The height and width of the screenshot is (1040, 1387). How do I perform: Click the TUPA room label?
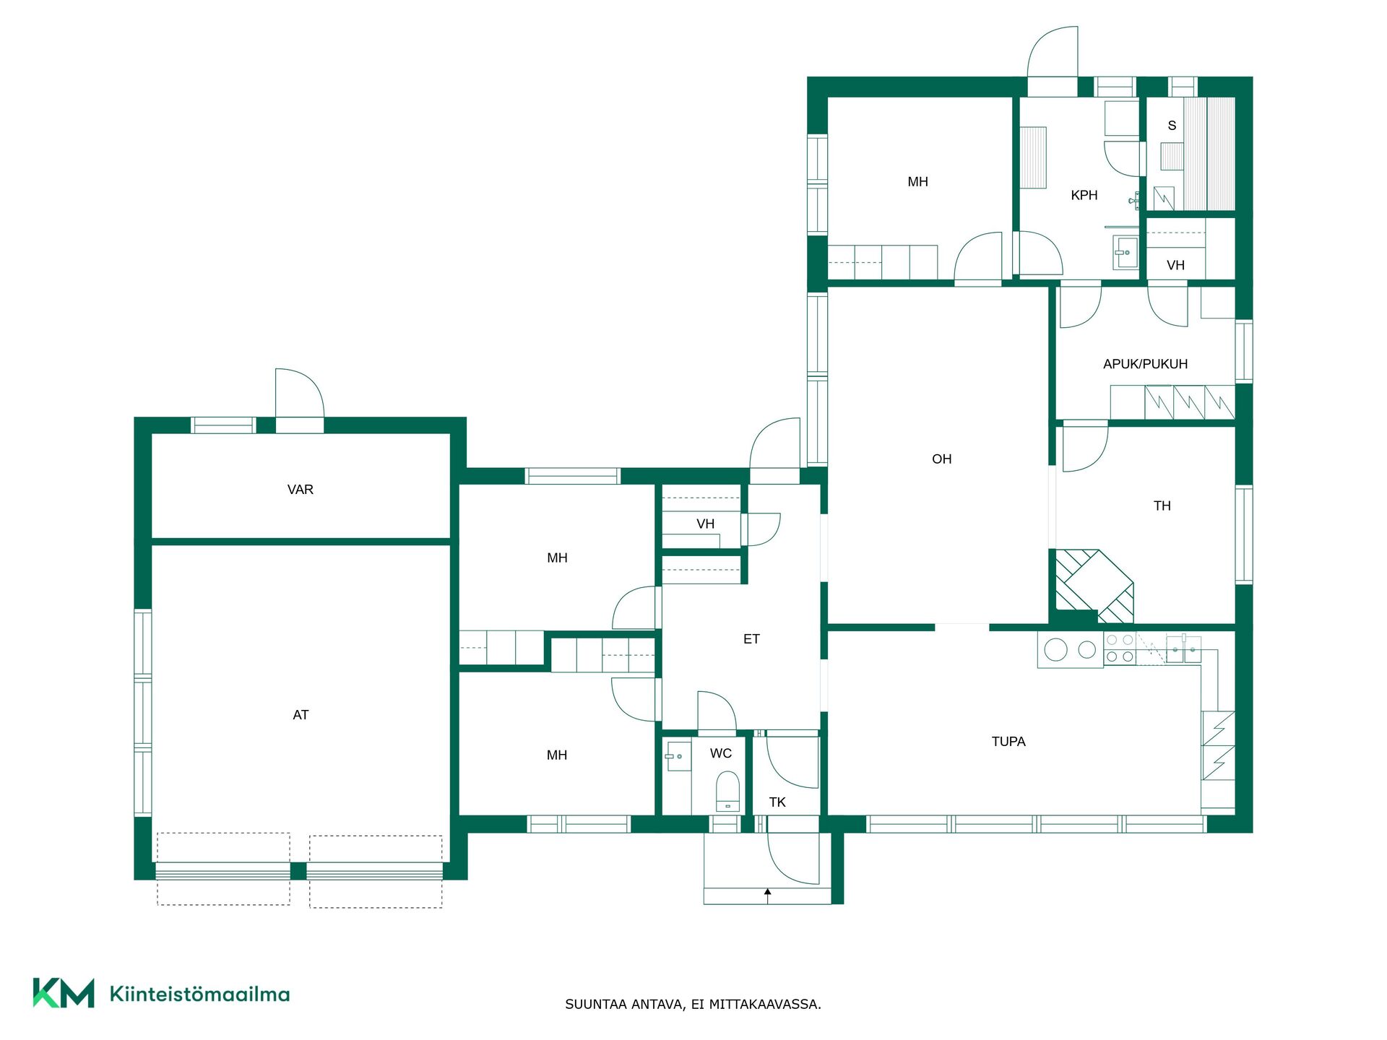(1008, 741)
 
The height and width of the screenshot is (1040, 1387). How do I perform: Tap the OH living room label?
(941, 459)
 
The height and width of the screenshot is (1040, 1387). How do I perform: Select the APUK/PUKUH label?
(1145, 364)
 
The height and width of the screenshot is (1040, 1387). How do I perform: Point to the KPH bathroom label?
(1084, 195)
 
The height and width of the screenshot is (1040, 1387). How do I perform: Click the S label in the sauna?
(1172, 126)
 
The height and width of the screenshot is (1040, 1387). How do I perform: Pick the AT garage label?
(301, 715)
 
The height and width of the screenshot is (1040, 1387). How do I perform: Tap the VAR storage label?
(301, 490)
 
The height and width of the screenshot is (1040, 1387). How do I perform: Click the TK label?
(777, 802)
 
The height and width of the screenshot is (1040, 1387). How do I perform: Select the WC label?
(721, 753)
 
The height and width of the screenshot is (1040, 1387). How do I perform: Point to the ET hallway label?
(751, 639)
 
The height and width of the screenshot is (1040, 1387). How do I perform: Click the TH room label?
(1162, 506)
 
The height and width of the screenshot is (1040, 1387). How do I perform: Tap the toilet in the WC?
(727, 792)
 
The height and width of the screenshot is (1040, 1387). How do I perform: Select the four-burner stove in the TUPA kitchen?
(1120, 649)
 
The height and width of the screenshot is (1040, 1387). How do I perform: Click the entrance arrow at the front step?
(768, 896)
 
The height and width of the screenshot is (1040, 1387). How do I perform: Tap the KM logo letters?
(64, 993)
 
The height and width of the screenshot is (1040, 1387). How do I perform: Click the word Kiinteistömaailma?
(199, 994)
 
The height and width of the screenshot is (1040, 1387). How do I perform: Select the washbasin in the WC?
(678, 756)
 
